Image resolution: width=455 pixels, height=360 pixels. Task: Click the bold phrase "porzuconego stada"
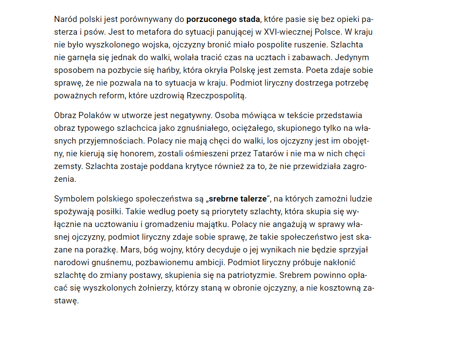pyautogui.click(x=223, y=19)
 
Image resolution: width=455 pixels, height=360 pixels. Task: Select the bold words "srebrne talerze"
pyautogui.click(x=237, y=199)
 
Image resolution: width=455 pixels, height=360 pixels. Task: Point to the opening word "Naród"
pyautogui.click(x=65, y=19)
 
